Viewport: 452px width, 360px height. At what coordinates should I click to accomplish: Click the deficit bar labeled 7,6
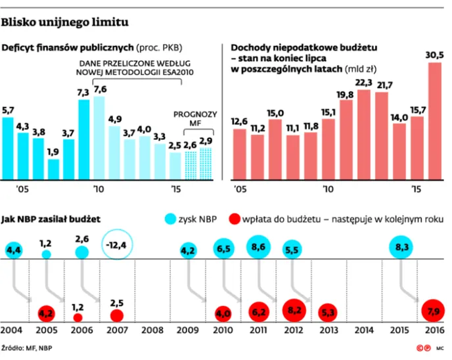99,138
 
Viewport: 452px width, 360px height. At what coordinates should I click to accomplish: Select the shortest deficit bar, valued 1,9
54,169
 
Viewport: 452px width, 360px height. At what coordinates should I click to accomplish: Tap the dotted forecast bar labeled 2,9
206,164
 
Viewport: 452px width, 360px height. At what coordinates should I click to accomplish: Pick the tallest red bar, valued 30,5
435,121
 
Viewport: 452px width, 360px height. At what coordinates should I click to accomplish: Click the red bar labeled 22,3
364,135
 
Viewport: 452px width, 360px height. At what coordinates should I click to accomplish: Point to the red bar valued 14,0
399,152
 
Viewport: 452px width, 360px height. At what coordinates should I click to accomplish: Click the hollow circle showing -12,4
117,244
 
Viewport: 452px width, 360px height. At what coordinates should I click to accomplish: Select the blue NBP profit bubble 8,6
258,247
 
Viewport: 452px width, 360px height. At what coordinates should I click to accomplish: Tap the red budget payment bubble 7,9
433,311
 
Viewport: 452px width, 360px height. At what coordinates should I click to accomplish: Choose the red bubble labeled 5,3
328,313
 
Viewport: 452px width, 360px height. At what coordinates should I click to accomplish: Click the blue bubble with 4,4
14,250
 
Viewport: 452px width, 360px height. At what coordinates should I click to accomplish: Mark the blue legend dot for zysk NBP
170,219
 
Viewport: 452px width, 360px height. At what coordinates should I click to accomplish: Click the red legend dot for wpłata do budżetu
235,219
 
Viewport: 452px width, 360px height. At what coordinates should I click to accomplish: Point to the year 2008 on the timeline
152,330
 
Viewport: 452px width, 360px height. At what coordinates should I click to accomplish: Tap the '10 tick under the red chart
328,189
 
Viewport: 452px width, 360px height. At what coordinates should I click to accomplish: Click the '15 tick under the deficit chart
175,189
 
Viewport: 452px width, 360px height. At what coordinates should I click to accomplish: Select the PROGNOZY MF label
195,119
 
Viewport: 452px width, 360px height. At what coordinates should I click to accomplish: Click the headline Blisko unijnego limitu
65,22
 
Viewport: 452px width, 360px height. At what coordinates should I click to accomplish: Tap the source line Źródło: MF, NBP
26,348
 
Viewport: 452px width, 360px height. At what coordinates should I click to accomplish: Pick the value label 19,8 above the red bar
345,95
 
